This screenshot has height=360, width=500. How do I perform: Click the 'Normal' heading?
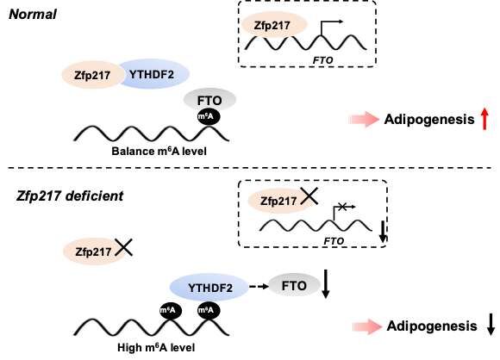33,15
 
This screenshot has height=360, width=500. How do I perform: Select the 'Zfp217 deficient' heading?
70,196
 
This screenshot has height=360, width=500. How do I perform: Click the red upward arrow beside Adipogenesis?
484,119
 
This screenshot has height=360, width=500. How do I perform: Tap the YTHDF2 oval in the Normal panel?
154,74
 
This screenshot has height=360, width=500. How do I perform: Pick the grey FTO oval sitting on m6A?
209,101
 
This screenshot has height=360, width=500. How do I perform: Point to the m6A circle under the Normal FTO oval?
209,117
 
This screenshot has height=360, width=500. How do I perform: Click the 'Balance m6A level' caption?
159,151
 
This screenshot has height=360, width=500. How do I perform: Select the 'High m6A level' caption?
156,347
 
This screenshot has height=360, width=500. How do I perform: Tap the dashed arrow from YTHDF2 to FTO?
259,287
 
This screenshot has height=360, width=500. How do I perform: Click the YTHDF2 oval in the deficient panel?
209,288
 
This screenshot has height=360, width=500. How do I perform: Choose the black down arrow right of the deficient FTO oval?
325,283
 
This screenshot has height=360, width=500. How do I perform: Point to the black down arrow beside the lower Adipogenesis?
491,325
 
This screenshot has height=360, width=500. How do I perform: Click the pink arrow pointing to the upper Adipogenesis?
364,119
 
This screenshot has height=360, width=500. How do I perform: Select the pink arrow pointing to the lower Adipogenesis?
367,326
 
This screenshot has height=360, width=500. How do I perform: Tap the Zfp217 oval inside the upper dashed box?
273,25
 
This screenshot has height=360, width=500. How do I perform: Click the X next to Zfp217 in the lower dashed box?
309,196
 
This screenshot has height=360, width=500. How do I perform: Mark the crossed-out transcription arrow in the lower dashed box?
344,213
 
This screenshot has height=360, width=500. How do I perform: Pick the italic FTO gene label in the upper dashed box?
322,60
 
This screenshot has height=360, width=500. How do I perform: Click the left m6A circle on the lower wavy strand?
171,310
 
